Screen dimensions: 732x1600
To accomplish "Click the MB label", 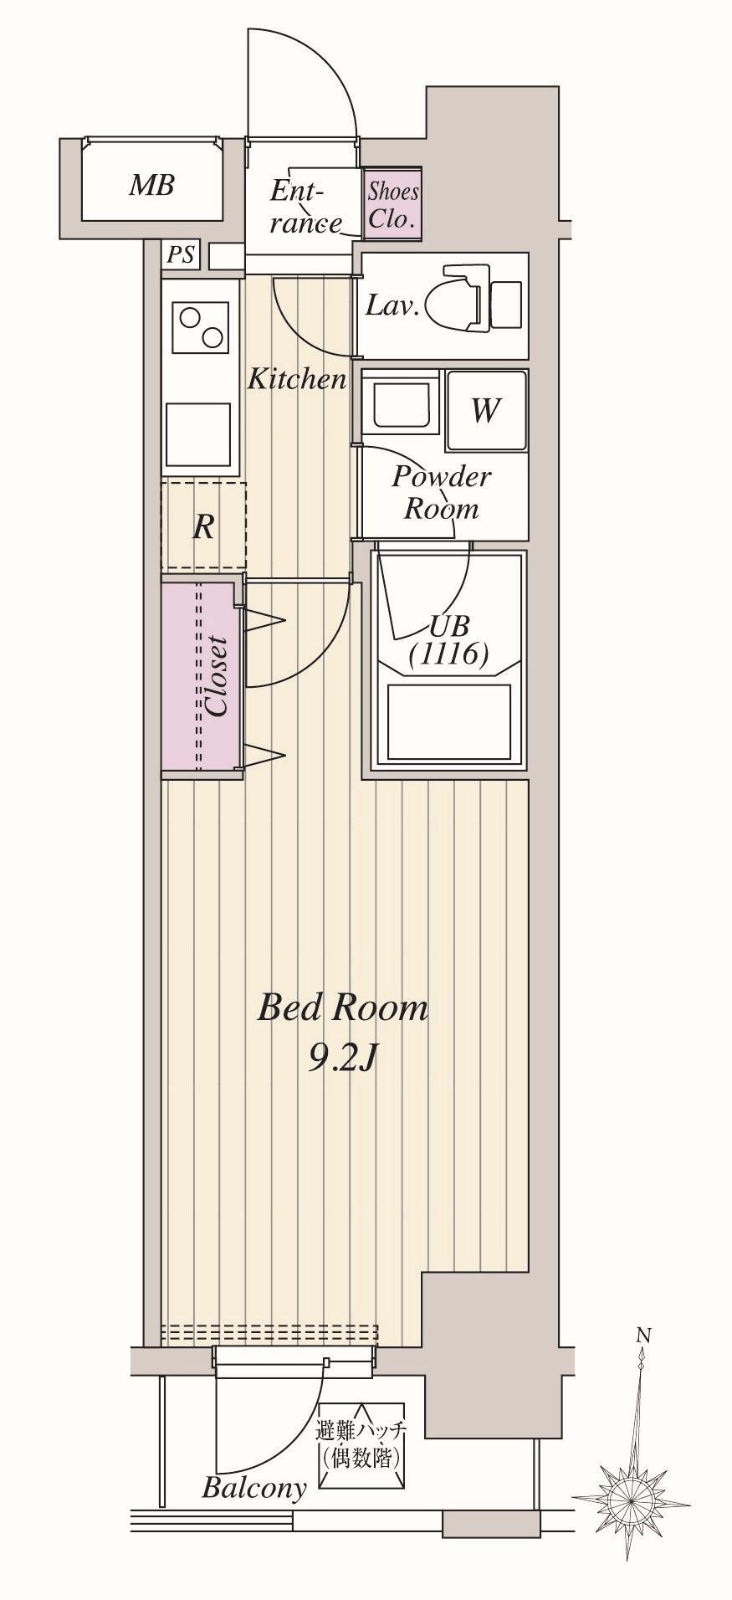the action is [x=151, y=185].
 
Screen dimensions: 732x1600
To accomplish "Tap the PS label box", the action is [x=181, y=254].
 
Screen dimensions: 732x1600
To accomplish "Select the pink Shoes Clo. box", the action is [x=392, y=205].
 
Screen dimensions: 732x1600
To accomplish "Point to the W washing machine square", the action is [x=486, y=411].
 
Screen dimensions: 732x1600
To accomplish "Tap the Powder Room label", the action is [x=442, y=492].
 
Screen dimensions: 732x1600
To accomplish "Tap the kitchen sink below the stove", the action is [x=198, y=433].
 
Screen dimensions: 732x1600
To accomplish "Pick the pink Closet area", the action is [x=202, y=676].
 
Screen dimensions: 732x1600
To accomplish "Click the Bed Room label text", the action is [x=342, y=1008].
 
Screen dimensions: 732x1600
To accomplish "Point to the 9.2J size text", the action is [x=343, y=1059].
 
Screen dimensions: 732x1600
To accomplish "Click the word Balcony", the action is [x=254, y=1489].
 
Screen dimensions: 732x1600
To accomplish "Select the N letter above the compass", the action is [x=642, y=1335].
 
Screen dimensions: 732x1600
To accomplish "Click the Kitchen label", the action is [x=297, y=379].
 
